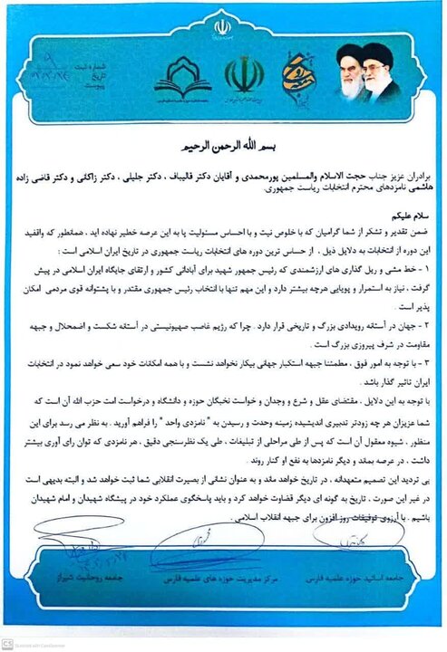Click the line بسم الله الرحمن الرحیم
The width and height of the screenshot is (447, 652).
point(223,145)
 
